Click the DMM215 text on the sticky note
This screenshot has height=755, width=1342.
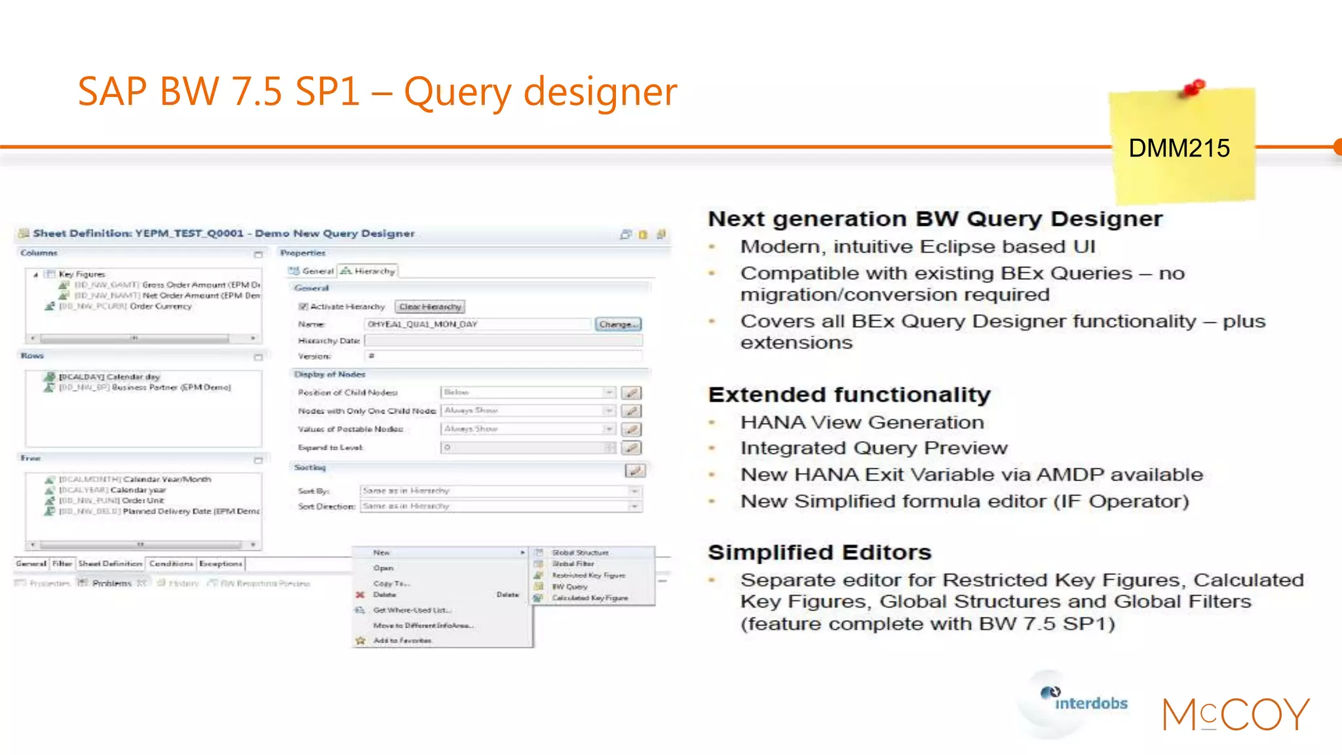pos(1179,149)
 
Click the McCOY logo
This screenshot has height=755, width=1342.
pos(1236,714)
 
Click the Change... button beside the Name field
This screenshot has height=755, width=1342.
pos(618,324)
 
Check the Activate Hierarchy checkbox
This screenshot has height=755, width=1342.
pos(303,307)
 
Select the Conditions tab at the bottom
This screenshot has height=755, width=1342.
pos(171,564)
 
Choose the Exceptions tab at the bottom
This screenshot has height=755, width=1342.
pos(221,564)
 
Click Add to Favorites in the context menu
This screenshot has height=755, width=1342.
pos(402,641)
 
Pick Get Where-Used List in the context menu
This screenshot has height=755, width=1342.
pos(412,610)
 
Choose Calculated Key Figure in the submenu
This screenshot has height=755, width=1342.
pos(589,598)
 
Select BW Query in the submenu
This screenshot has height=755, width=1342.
pos(569,587)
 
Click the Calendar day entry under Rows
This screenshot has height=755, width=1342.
pos(109,377)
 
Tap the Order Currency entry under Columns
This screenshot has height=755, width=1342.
pos(160,307)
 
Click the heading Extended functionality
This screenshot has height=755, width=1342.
pos(849,395)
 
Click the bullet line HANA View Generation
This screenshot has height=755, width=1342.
pos(862,423)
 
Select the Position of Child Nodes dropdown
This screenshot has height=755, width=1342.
pos(527,393)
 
